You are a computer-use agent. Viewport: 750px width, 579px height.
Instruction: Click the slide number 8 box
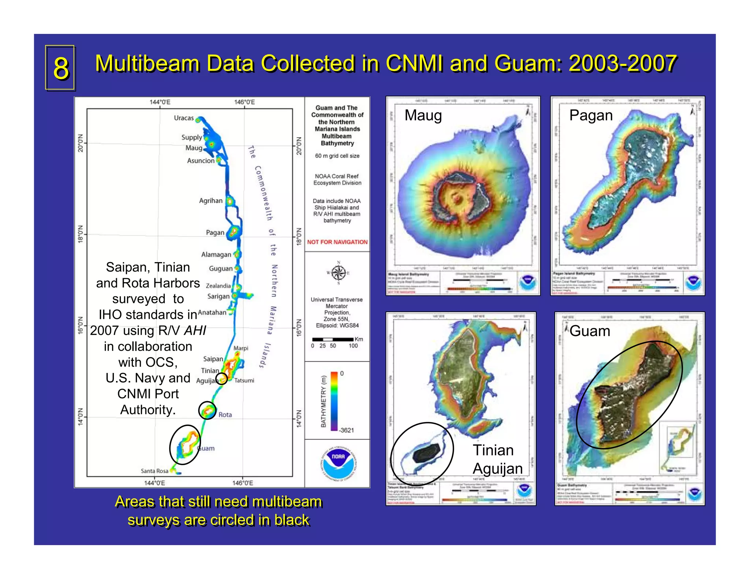[x=60, y=68]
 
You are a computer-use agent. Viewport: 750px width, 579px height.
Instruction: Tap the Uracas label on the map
[x=183, y=118]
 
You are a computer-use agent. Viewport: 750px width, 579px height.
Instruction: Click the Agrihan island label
[x=211, y=201]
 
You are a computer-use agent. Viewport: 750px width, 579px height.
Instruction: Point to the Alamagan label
[x=216, y=254]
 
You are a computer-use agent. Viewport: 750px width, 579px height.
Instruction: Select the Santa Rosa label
[x=155, y=471]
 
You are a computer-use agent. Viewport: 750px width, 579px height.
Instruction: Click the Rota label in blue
[x=225, y=415]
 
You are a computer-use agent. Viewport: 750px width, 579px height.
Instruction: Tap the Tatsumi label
[x=244, y=381]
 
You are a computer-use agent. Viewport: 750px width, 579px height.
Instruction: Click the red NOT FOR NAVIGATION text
[x=337, y=242]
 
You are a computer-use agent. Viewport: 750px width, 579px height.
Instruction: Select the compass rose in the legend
[x=338, y=273]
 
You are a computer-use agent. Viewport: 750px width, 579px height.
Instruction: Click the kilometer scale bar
[x=333, y=340]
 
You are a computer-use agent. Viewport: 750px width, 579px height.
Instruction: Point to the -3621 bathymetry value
[x=346, y=430]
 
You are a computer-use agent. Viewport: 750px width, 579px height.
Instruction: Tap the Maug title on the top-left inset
[x=423, y=115]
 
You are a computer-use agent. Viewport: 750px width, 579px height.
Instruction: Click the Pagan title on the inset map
[x=591, y=115]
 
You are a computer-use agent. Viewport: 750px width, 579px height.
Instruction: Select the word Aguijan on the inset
[x=497, y=469]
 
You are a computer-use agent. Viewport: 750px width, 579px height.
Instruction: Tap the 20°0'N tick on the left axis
[x=80, y=143]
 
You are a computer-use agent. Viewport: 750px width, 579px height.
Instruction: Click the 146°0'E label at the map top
[x=244, y=102]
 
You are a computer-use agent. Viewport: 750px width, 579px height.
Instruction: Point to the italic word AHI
[x=195, y=330]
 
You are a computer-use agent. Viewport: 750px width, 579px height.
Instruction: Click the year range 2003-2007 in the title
[x=622, y=63]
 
